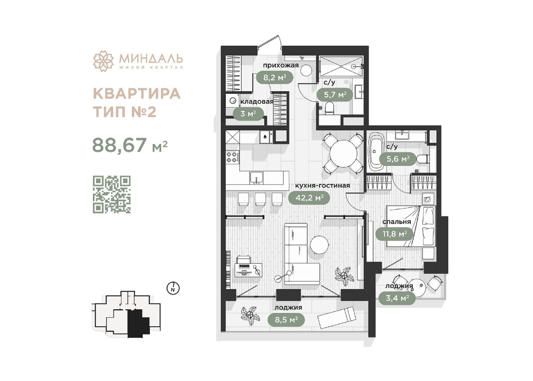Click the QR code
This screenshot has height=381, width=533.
coord(111,194)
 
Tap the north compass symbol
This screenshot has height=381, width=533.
coord(172,288)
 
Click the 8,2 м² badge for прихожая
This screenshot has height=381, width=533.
coord(274,78)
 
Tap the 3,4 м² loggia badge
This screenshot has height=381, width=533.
coord(397,298)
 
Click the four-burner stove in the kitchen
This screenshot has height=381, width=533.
coord(232,156)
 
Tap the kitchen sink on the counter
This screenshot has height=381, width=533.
coord(256,177)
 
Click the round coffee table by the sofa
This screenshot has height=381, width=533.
coord(319,245)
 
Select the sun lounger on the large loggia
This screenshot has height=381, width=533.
coord(337,318)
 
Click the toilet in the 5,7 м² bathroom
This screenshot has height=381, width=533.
coord(329,108)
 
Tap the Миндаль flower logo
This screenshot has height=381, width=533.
coord(103,61)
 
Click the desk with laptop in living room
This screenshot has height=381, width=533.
coord(247,268)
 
